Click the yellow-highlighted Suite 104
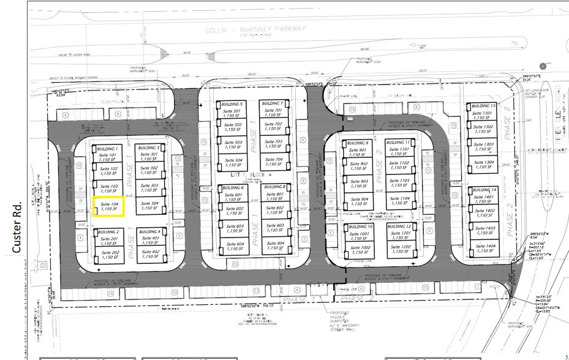click(x=108, y=206)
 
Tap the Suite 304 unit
click(x=150, y=207)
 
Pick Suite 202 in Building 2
click(x=111, y=255)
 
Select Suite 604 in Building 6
click(x=230, y=247)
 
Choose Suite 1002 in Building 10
click(x=359, y=250)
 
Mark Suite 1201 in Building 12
click(x=400, y=237)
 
